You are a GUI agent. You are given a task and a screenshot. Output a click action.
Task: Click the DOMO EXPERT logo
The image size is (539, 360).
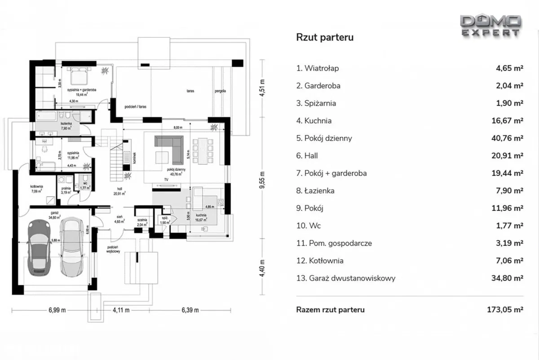point(490,25)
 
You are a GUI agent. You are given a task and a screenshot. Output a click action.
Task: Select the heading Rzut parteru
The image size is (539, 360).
point(325,37)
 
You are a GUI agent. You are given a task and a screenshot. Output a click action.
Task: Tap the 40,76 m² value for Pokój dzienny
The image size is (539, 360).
point(507,138)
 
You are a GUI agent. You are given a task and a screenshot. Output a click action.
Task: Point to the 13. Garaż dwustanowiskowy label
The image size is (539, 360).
point(346,278)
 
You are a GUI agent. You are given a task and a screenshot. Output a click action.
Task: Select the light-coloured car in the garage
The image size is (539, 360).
point(72,246)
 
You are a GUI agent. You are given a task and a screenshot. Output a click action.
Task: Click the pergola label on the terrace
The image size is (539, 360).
point(220,91)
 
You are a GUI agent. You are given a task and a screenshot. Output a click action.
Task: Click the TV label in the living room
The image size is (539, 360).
point(166,179)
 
